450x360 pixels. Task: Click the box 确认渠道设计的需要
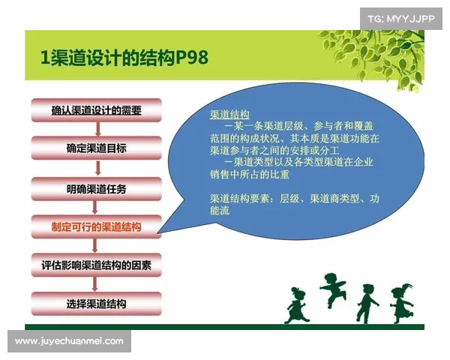coord(96,109)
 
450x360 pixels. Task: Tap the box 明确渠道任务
coord(96,187)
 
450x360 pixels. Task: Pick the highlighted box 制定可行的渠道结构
coord(96,226)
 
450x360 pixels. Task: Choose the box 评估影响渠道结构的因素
coord(96,265)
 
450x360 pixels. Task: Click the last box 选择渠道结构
coord(96,304)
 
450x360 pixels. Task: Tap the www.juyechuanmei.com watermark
coord(69,341)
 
